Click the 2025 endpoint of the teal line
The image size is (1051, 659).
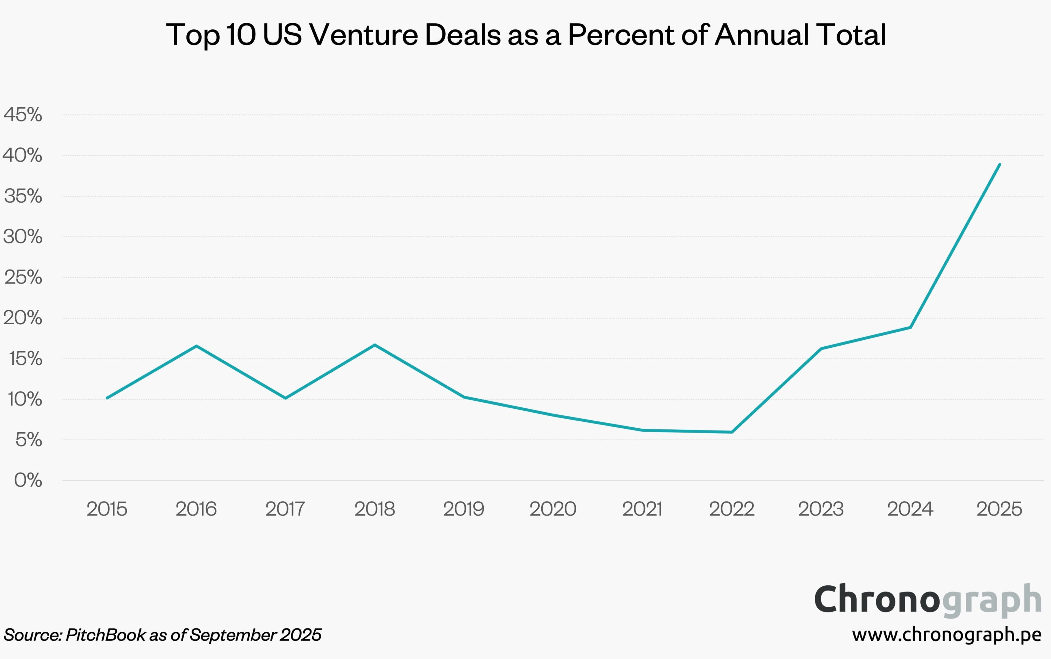coord(1000,164)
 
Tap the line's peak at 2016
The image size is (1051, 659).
coord(197,346)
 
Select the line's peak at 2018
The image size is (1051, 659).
coord(375,345)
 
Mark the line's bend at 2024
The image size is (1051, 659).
coord(910,327)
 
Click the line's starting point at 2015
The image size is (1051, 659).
coord(107,398)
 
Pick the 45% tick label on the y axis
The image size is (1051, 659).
coord(23,115)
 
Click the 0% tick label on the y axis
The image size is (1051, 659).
coord(28,480)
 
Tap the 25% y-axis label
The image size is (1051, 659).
coord(23,277)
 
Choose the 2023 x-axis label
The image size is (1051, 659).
coord(820,509)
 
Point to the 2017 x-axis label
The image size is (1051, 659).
coord(285,509)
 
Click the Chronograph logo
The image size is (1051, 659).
coord(928,600)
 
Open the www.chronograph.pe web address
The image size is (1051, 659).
coord(947,634)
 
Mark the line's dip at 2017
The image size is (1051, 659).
coord(285,398)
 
